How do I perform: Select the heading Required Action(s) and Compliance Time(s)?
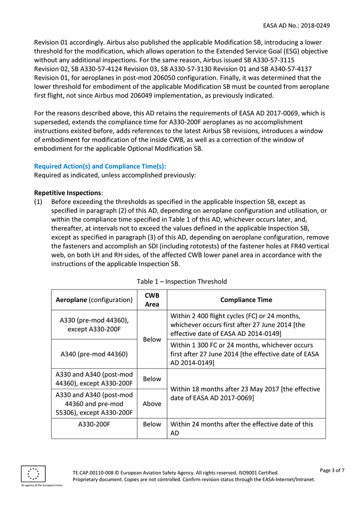point(100,166)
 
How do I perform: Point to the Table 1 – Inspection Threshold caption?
point(182,281)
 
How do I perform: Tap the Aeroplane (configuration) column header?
point(94,300)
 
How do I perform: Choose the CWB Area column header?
point(152,300)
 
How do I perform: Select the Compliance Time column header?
point(246,300)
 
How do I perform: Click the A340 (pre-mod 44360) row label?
point(94,354)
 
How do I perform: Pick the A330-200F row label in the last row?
point(94,424)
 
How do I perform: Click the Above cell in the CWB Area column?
point(152,404)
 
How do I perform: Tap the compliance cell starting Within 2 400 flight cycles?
point(246,325)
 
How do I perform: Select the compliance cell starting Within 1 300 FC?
point(246,354)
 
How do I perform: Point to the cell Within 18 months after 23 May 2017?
point(246,393)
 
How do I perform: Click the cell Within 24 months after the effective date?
point(246,429)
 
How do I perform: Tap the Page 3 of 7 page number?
point(332,470)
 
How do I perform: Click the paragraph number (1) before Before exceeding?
point(38,202)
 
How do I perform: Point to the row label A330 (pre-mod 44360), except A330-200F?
point(94,324)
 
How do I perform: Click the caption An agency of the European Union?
point(42,485)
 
